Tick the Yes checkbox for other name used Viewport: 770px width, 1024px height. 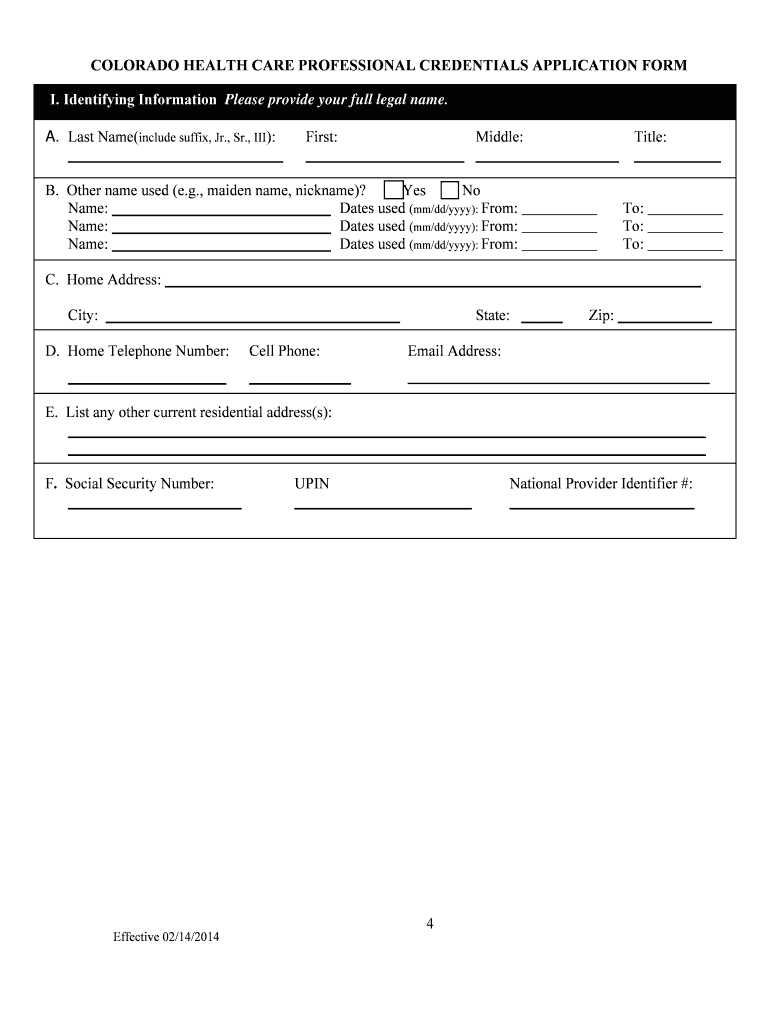pyautogui.click(x=394, y=191)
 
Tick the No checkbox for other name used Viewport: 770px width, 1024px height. pyautogui.click(x=450, y=191)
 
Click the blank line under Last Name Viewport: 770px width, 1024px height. pyautogui.click(x=175, y=158)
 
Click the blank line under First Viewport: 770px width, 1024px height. pyautogui.click(x=384, y=158)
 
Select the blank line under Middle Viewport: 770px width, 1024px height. pyautogui.click(x=547, y=158)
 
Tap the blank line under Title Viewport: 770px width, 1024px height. pyautogui.click(x=677, y=158)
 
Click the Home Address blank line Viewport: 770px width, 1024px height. pyautogui.click(x=432, y=284)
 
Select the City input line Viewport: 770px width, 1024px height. pyautogui.click(x=252, y=320)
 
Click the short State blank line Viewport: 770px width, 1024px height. pyautogui.click(x=542, y=320)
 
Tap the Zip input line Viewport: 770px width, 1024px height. pyautogui.click(x=665, y=320)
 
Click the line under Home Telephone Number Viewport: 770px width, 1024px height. pyautogui.click(x=147, y=381)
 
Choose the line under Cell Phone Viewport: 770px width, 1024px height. pyautogui.click(x=300, y=381)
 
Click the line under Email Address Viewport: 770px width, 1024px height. pyautogui.click(x=558, y=381)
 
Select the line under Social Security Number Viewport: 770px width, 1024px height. pyautogui.click(x=154, y=507)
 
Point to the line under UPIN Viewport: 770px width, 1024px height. pyautogui.click(x=383, y=507)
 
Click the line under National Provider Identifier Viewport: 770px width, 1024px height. pyautogui.click(x=601, y=507)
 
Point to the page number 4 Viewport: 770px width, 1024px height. pyautogui.click(x=429, y=923)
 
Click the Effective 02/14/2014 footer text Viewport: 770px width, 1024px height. pyautogui.click(x=165, y=937)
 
